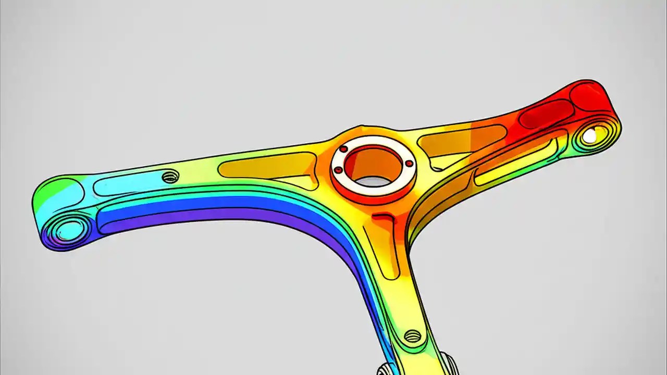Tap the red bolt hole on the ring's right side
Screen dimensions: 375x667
point(410,164)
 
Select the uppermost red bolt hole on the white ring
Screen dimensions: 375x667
point(343,149)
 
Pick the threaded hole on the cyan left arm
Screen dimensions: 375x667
point(170,177)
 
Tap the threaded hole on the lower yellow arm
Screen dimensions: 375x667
point(412,336)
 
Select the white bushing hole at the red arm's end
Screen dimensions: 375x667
point(589,136)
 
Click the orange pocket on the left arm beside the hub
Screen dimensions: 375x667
point(266,167)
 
